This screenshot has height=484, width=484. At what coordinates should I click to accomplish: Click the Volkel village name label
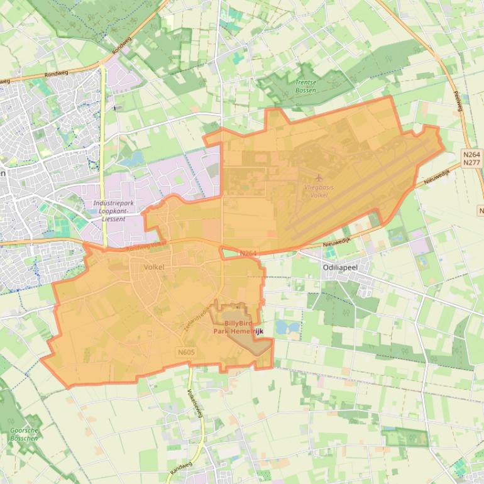(x=154, y=267)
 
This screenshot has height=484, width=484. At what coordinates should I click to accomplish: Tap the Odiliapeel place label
(x=340, y=267)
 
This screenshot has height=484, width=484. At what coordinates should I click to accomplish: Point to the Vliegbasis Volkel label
(x=319, y=191)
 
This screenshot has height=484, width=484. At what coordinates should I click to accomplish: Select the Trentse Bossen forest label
(x=305, y=86)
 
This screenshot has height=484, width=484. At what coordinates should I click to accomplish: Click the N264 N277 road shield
(x=471, y=158)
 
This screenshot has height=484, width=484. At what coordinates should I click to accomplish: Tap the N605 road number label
(x=186, y=353)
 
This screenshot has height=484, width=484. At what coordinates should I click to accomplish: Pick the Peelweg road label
(x=458, y=101)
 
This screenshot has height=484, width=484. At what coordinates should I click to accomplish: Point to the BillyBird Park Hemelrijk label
(x=236, y=327)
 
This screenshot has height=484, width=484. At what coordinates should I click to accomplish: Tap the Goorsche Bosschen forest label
(x=24, y=434)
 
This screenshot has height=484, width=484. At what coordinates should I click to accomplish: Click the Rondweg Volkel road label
(x=146, y=246)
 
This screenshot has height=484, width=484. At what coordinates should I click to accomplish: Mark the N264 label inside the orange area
(x=248, y=253)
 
